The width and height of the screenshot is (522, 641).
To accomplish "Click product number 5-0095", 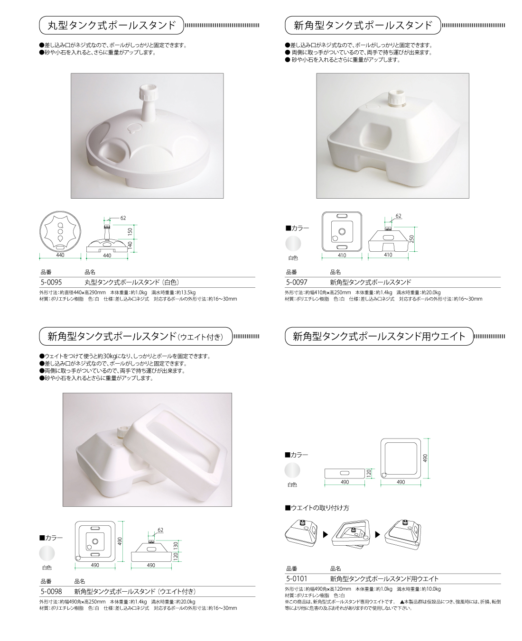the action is click(x=51, y=282).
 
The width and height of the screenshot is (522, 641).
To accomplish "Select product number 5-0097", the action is click(x=297, y=282).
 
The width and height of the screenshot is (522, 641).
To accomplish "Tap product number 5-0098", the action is click(x=51, y=591).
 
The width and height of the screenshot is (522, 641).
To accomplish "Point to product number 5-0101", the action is click(x=297, y=578).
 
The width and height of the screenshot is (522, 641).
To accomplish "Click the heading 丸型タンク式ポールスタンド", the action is click(x=112, y=25).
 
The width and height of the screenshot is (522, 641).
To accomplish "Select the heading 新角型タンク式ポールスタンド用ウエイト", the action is click(x=379, y=336).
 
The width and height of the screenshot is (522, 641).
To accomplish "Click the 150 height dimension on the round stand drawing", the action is click(x=130, y=231).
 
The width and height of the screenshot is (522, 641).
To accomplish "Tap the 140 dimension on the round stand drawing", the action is click(x=130, y=245).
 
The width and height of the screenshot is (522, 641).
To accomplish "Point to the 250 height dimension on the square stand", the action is click(x=411, y=239).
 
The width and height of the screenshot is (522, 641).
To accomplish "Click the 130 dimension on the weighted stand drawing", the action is click(x=176, y=545).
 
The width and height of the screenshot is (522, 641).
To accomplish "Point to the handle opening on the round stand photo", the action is click(x=113, y=151).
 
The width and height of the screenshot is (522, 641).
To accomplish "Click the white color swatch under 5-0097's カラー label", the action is click(x=293, y=244).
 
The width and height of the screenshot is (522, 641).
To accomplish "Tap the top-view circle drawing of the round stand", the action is click(x=60, y=232).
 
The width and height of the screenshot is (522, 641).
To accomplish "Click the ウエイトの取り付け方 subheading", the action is click(x=317, y=508).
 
